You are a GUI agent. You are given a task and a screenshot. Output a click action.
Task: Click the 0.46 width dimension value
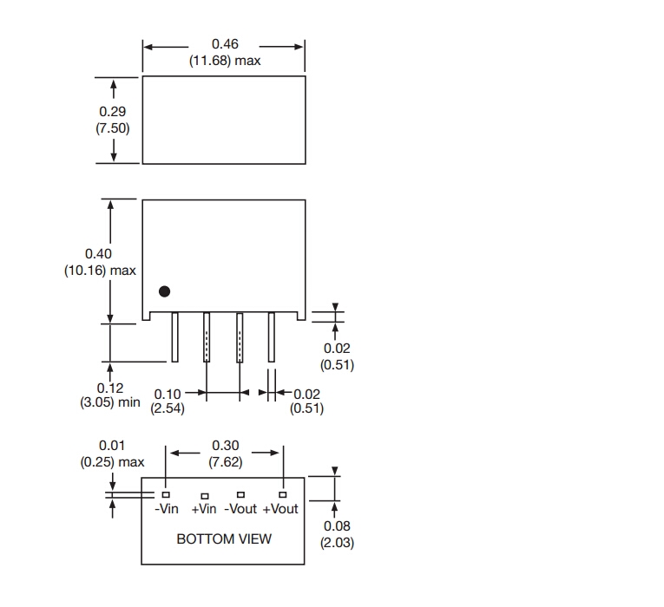click(x=225, y=43)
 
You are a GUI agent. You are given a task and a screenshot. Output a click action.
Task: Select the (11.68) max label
click(x=225, y=61)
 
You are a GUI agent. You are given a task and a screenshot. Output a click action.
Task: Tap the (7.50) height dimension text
click(x=113, y=128)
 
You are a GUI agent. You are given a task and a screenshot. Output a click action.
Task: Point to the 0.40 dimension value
click(x=99, y=253)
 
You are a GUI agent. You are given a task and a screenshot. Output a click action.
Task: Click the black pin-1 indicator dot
click(x=164, y=293)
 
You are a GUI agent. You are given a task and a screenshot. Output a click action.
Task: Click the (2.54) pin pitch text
click(x=168, y=408)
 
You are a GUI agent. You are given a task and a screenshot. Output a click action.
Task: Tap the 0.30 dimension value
click(x=225, y=446)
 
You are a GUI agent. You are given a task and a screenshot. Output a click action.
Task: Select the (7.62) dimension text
click(x=225, y=462)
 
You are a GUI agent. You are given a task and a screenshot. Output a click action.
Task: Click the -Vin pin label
click(x=167, y=509)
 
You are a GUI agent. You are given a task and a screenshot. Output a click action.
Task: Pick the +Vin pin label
click(x=203, y=509)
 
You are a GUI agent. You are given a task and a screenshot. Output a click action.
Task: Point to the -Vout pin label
click(x=241, y=509)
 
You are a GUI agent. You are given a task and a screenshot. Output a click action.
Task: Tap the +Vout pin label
click(x=280, y=509)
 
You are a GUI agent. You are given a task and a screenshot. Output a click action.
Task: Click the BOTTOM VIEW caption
click(x=224, y=539)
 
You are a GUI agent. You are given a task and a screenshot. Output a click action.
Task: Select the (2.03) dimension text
click(x=337, y=543)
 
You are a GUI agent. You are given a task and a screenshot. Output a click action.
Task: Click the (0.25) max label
click(x=112, y=462)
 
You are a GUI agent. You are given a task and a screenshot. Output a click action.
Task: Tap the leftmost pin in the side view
click(x=174, y=337)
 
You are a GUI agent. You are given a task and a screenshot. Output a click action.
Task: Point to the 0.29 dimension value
click(x=113, y=112)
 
